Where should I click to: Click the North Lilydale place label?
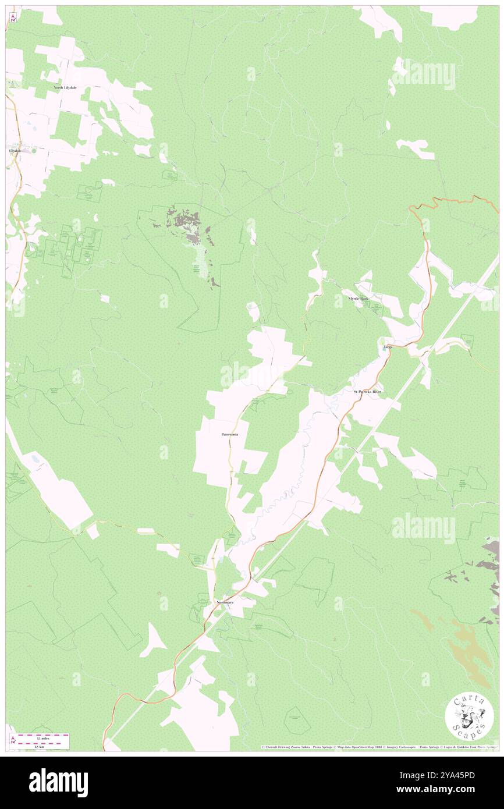(65, 87)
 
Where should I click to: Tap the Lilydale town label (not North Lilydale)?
(15, 151)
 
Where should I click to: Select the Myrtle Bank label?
(358, 299)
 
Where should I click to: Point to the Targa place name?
(388, 347)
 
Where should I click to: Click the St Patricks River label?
(367, 392)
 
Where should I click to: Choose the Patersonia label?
(229, 434)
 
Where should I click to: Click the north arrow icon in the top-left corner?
(13, 17)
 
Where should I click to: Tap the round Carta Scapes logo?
(469, 716)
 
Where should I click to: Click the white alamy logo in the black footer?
(58, 783)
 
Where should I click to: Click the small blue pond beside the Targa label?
(382, 341)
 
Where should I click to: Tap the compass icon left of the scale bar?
(13, 740)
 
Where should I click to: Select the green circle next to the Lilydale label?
(33, 151)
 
